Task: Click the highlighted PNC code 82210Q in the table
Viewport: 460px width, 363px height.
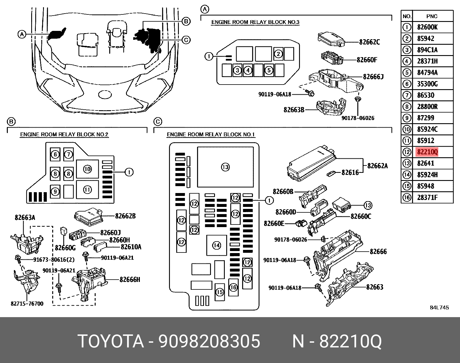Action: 427,152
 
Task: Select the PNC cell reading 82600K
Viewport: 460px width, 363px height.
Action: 427,27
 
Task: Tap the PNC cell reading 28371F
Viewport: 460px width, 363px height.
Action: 427,197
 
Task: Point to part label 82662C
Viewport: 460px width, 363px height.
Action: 370,42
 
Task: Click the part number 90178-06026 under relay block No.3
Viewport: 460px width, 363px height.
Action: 358,118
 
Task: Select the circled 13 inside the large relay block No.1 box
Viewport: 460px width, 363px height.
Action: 225,167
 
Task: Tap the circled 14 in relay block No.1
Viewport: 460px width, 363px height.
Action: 216,246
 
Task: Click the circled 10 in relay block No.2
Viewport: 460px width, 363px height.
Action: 87,169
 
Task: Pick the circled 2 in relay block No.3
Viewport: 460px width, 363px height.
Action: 278,54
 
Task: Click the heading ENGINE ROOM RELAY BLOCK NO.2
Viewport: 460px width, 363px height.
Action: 64,134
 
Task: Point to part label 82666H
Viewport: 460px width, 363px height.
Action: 130,279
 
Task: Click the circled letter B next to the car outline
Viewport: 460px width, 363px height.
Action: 186,21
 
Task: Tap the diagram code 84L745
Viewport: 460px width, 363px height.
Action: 439,308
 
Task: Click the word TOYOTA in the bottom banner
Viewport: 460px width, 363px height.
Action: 111,341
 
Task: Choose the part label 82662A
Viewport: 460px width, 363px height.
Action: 377,166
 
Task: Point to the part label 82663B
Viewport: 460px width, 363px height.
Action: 294,110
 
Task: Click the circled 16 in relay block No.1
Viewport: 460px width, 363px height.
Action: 233,287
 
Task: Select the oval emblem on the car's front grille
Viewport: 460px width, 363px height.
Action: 104,94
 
